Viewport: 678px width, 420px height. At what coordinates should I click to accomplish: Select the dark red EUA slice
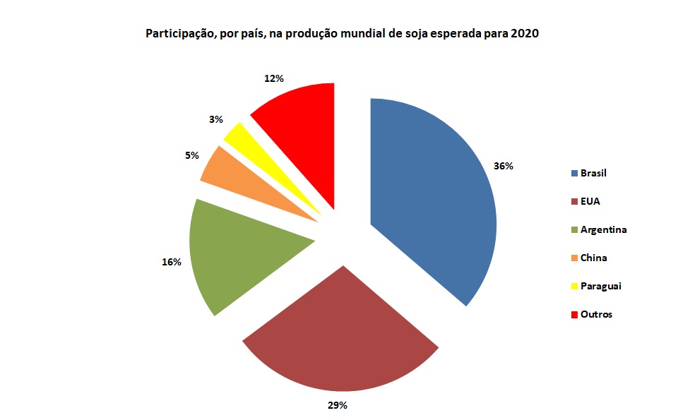[x=339, y=339]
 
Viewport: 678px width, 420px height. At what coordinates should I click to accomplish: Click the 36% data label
[x=504, y=167]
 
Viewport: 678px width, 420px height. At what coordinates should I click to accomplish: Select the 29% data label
[x=337, y=405]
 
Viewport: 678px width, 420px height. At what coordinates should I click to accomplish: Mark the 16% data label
[x=172, y=262]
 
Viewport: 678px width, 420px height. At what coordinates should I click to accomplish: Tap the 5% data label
[x=191, y=155]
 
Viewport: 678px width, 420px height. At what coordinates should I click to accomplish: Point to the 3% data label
[x=216, y=120]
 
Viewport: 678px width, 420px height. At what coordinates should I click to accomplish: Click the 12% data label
[x=274, y=78]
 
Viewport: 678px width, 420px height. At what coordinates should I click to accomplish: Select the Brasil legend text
[x=594, y=173]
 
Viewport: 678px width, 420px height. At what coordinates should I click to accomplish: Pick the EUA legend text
[x=590, y=201]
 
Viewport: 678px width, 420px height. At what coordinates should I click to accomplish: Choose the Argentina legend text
[x=603, y=229]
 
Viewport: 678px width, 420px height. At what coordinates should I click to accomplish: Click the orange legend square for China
[x=575, y=258]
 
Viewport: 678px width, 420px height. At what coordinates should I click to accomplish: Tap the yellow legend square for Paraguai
[x=575, y=287]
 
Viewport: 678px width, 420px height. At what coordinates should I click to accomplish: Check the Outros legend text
[x=596, y=314]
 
